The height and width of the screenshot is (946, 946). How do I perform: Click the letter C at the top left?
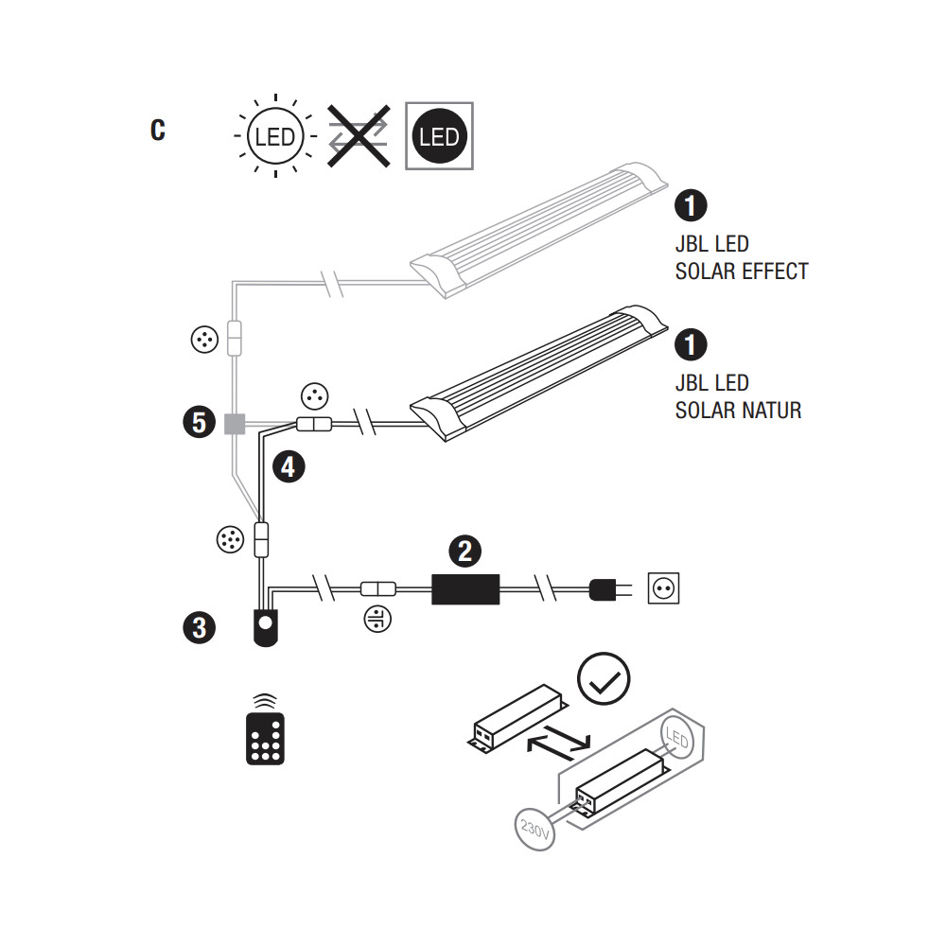157,130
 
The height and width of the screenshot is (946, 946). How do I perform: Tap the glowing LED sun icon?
275,136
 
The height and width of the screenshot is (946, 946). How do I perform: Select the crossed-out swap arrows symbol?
359,135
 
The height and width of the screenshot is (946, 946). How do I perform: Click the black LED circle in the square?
439,136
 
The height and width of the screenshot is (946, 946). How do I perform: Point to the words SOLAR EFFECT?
742,272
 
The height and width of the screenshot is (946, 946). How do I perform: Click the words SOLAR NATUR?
738,411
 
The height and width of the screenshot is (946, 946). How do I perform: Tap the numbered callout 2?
464,551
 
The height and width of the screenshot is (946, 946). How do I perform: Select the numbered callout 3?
199,627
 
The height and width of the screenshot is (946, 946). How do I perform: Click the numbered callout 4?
289,467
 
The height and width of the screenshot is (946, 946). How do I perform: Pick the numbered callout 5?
199,422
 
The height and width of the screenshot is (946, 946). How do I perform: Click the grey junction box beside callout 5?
235,424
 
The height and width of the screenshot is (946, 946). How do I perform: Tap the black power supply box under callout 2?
465,589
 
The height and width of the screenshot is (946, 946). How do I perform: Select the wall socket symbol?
664,588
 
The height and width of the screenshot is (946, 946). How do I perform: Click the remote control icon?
266,730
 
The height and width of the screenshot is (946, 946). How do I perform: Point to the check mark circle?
604,678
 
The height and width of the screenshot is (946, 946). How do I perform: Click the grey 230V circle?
534,830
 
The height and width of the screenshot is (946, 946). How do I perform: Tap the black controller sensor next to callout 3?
266,627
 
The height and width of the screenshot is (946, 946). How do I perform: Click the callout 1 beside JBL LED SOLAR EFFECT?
691,205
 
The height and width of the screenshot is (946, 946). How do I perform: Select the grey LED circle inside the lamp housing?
677,737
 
